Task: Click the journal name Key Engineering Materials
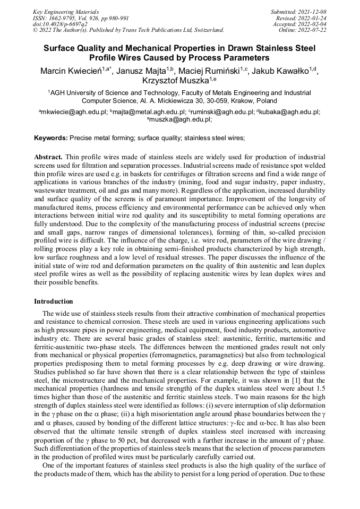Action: [66, 11]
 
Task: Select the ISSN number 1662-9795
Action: [64, 18]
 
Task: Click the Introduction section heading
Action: [53, 301]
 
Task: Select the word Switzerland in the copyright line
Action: [205, 30]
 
